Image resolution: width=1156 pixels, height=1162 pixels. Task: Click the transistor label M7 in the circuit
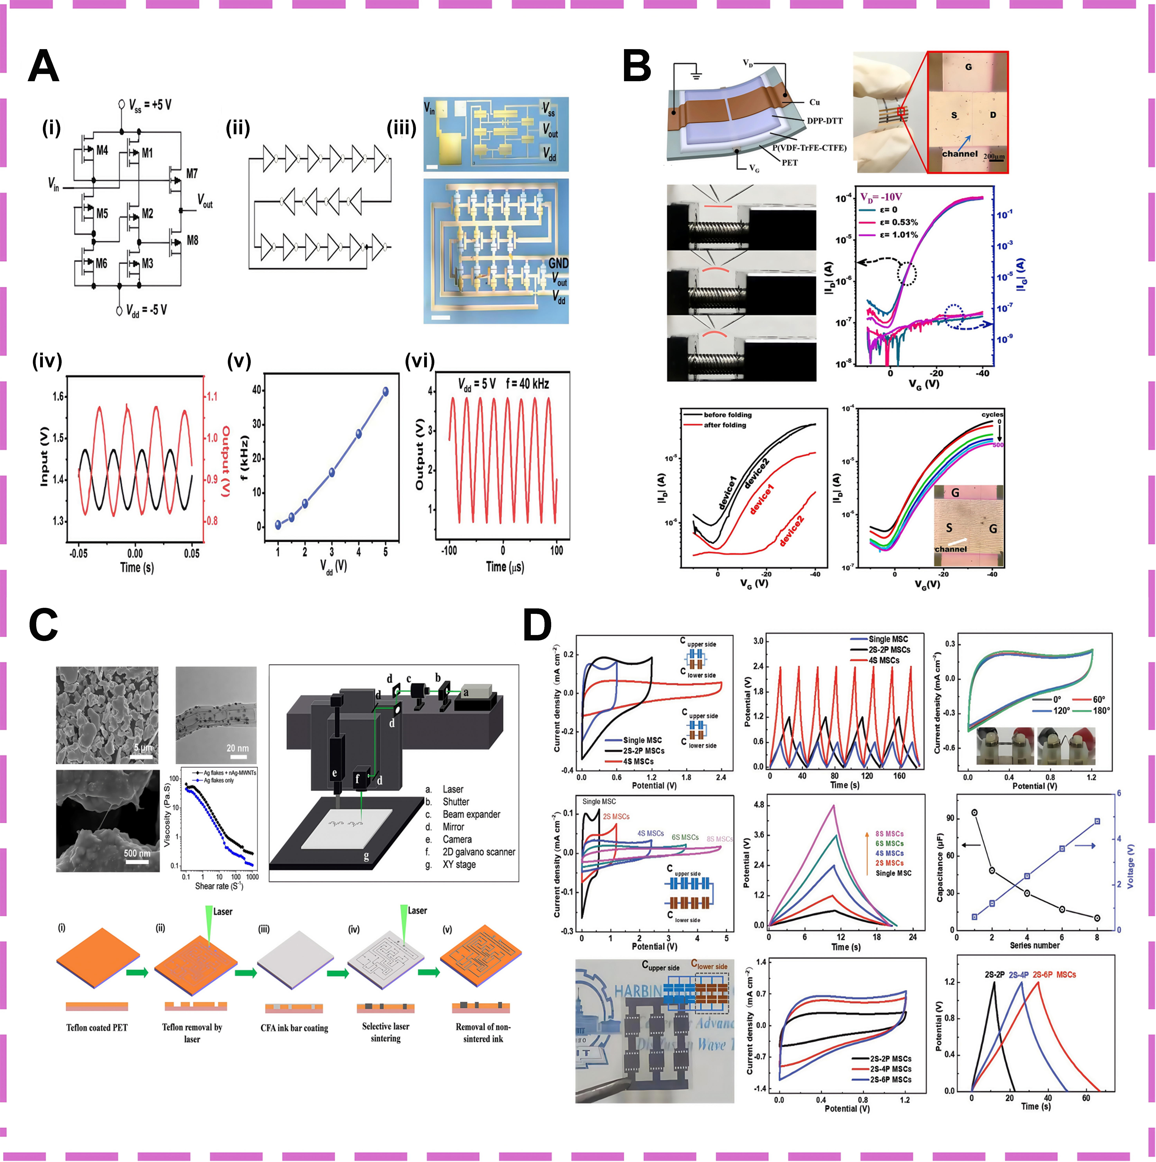tap(191, 174)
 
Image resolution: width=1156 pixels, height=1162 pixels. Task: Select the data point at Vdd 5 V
tap(386, 392)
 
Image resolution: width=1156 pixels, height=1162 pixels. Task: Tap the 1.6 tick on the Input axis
tap(58, 396)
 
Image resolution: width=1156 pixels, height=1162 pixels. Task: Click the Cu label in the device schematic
tap(814, 102)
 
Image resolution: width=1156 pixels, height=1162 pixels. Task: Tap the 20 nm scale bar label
tap(238, 748)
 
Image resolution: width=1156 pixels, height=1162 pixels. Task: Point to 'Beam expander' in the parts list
tap(471, 814)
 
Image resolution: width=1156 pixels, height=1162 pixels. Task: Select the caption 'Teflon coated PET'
tap(97, 1028)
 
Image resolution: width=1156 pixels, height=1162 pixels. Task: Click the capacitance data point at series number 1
tap(974, 812)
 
